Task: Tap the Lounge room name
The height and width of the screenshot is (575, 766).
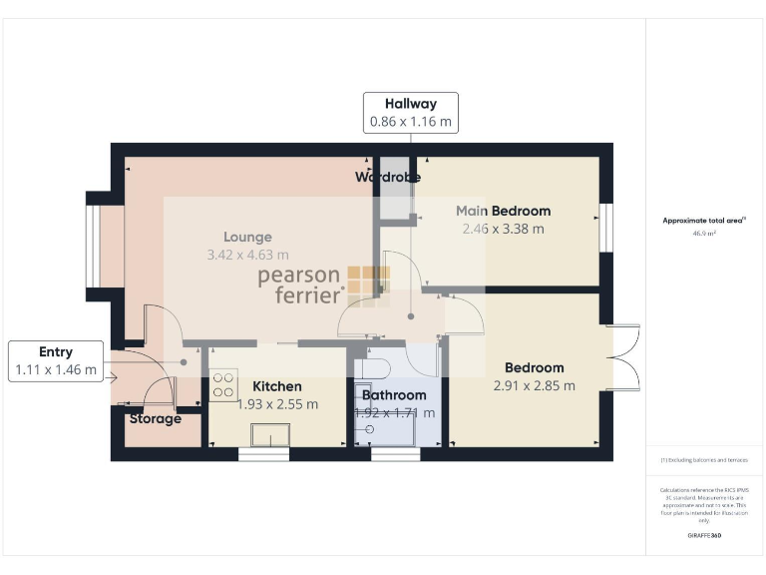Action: click(247, 238)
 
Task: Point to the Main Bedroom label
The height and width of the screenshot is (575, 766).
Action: click(503, 211)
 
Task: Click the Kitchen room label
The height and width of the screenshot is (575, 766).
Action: click(276, 386)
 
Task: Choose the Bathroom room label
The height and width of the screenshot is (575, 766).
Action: click(393, 395)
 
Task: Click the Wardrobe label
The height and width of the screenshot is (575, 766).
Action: click(388, 177)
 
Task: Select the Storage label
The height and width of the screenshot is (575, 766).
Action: click(155, 418)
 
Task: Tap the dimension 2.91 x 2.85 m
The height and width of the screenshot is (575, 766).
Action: click(534, 385)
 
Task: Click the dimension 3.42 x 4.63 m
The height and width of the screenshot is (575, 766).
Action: click(247, 256)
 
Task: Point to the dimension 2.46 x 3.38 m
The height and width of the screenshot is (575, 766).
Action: click(503, 229)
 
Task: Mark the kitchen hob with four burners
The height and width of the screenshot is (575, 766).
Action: click(222, 384)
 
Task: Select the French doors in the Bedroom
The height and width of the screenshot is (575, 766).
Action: click(623, 356)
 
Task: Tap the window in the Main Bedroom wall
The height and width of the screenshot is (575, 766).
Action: click(604, 227)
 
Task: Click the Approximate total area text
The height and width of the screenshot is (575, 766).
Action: click(704, 220)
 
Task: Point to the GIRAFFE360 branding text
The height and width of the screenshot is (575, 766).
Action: click(704, 536)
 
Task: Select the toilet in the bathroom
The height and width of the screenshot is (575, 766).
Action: click(375, 366)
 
